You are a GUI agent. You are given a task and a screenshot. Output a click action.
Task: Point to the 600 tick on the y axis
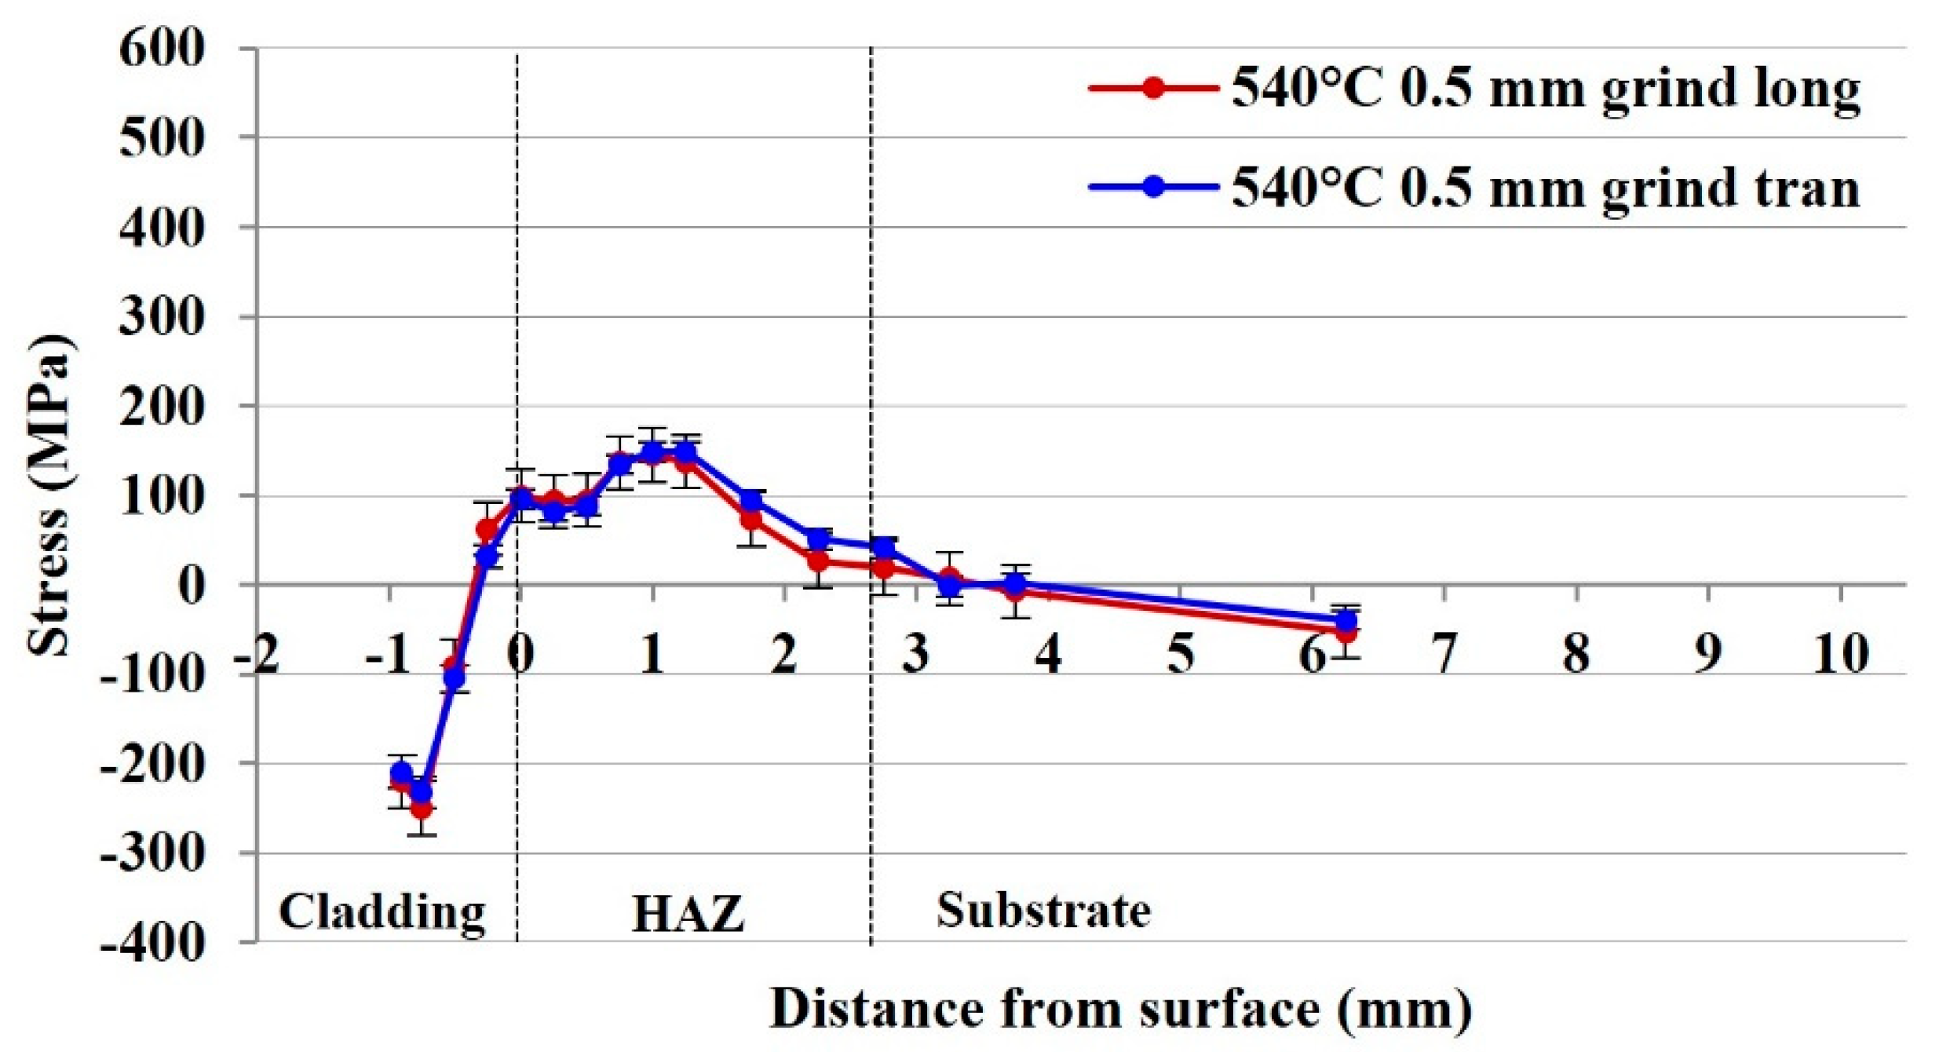(162, 49)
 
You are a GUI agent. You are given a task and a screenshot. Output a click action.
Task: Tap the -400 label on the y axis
(153, 941)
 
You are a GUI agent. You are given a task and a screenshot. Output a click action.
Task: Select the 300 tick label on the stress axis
(162, 316)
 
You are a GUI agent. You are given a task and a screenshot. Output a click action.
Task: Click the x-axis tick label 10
(1839, 653)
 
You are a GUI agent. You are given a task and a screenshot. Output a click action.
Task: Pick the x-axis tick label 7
(1444, 653)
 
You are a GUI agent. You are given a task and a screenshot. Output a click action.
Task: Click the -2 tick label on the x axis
(257, 653)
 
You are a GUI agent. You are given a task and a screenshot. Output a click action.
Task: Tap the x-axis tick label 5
(1181, 653)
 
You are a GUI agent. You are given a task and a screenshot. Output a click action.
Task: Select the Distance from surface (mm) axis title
(1120, 1008)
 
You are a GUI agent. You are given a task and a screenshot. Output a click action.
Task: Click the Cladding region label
(382, 912)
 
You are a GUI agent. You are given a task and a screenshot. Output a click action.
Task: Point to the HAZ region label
(688, 914)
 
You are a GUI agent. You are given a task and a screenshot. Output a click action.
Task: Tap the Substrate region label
(1043, 911)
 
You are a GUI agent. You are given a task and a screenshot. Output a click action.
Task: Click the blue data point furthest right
(1346, 620)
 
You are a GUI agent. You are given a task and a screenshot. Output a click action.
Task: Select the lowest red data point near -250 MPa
(422, 807)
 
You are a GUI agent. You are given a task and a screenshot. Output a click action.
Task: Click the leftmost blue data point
(401, 773)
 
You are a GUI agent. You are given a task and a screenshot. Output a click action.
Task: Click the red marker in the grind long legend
(1153, 87)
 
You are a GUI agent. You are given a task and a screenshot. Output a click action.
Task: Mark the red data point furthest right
(1346, 631)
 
